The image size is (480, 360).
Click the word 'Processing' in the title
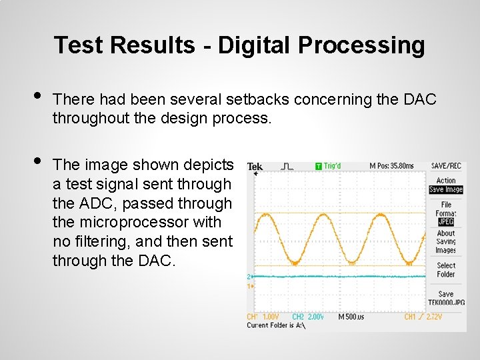361,45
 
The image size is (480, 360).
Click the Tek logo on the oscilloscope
255,167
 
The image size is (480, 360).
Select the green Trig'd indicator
328,166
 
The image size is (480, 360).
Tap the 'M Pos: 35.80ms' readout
391,166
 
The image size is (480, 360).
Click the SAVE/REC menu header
446,166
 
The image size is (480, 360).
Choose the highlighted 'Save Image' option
446,190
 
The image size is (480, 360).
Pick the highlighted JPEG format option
446,222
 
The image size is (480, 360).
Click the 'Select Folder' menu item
446,270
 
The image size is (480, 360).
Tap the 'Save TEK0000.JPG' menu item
446,298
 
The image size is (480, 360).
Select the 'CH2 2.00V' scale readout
308,317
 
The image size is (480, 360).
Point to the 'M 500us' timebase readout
351,317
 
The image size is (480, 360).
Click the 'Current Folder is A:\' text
275,325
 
